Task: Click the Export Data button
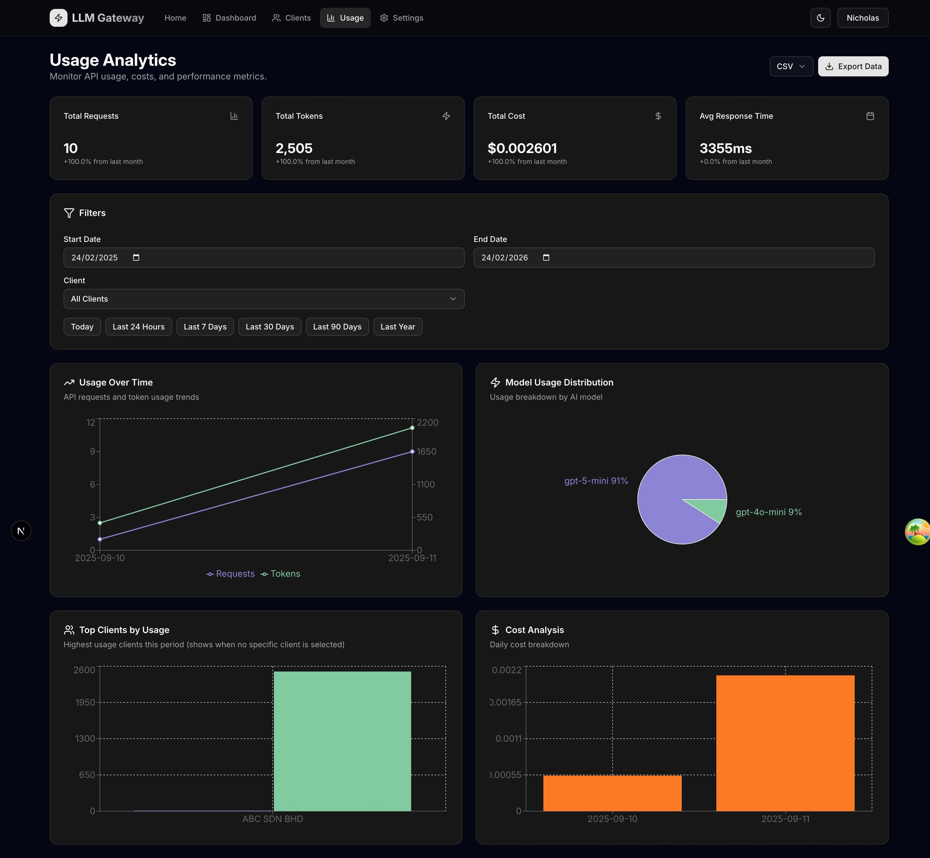point(853,66)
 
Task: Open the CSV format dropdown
point(791,66)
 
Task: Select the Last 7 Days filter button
point(205,327)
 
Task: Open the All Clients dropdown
point(263,299)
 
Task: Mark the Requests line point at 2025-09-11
point(412,451)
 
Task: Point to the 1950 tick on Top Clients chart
point(85,702)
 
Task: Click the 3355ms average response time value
point(725,149)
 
